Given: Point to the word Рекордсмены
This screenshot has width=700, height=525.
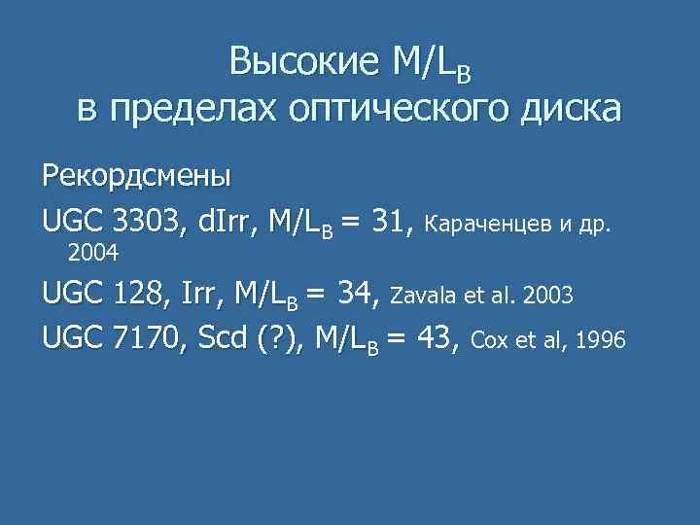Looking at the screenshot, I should tap(136, 177).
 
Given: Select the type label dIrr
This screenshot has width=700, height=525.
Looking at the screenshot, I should tap(227, 224).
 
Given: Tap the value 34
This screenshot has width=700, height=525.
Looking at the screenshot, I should tap(359, 292).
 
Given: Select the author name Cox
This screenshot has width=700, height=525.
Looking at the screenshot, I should tap(488, 342).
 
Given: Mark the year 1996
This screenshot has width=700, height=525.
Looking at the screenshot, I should tap(601, 342).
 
